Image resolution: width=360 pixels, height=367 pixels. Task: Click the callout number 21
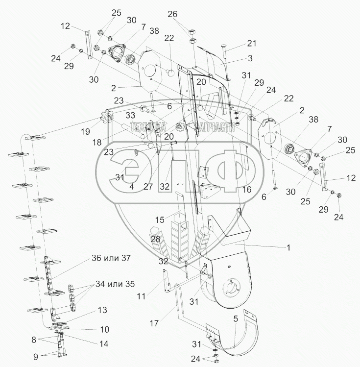click(x=251, y=43)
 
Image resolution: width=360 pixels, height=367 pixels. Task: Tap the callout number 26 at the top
click(x=172, y=14)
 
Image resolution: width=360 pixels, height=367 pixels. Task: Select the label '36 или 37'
click(x=111, y=258)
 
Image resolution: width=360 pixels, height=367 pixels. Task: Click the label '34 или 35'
click(x=115, y=284)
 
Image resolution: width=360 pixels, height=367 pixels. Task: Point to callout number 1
click(x=288, y=247)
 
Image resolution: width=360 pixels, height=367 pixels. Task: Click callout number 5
click(x=236, y=319)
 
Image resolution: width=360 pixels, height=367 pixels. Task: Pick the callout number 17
click(x=154, y=323)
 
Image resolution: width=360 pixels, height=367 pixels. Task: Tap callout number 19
click(x=85, y=131)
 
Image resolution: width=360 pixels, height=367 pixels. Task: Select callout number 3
click(x=250, y=58)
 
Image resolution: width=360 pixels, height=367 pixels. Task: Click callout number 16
click(x=247, y=189)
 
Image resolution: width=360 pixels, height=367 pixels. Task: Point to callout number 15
click(x=160, y=220)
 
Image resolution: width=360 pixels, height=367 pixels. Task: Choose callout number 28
click(x=156, y=239)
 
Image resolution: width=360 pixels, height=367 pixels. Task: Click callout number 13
click(x=102, y=310)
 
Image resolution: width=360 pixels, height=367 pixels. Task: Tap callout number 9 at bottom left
click(x=36, y=357)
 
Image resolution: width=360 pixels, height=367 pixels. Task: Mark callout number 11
click(x=141, y=296)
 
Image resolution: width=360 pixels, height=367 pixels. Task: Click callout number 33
click(x=130, y=115)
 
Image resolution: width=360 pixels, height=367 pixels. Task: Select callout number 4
click(x=132, y=187)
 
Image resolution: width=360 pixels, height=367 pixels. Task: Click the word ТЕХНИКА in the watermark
click(x=147, y=127)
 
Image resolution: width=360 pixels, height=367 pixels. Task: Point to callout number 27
click(x=148, y=187)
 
